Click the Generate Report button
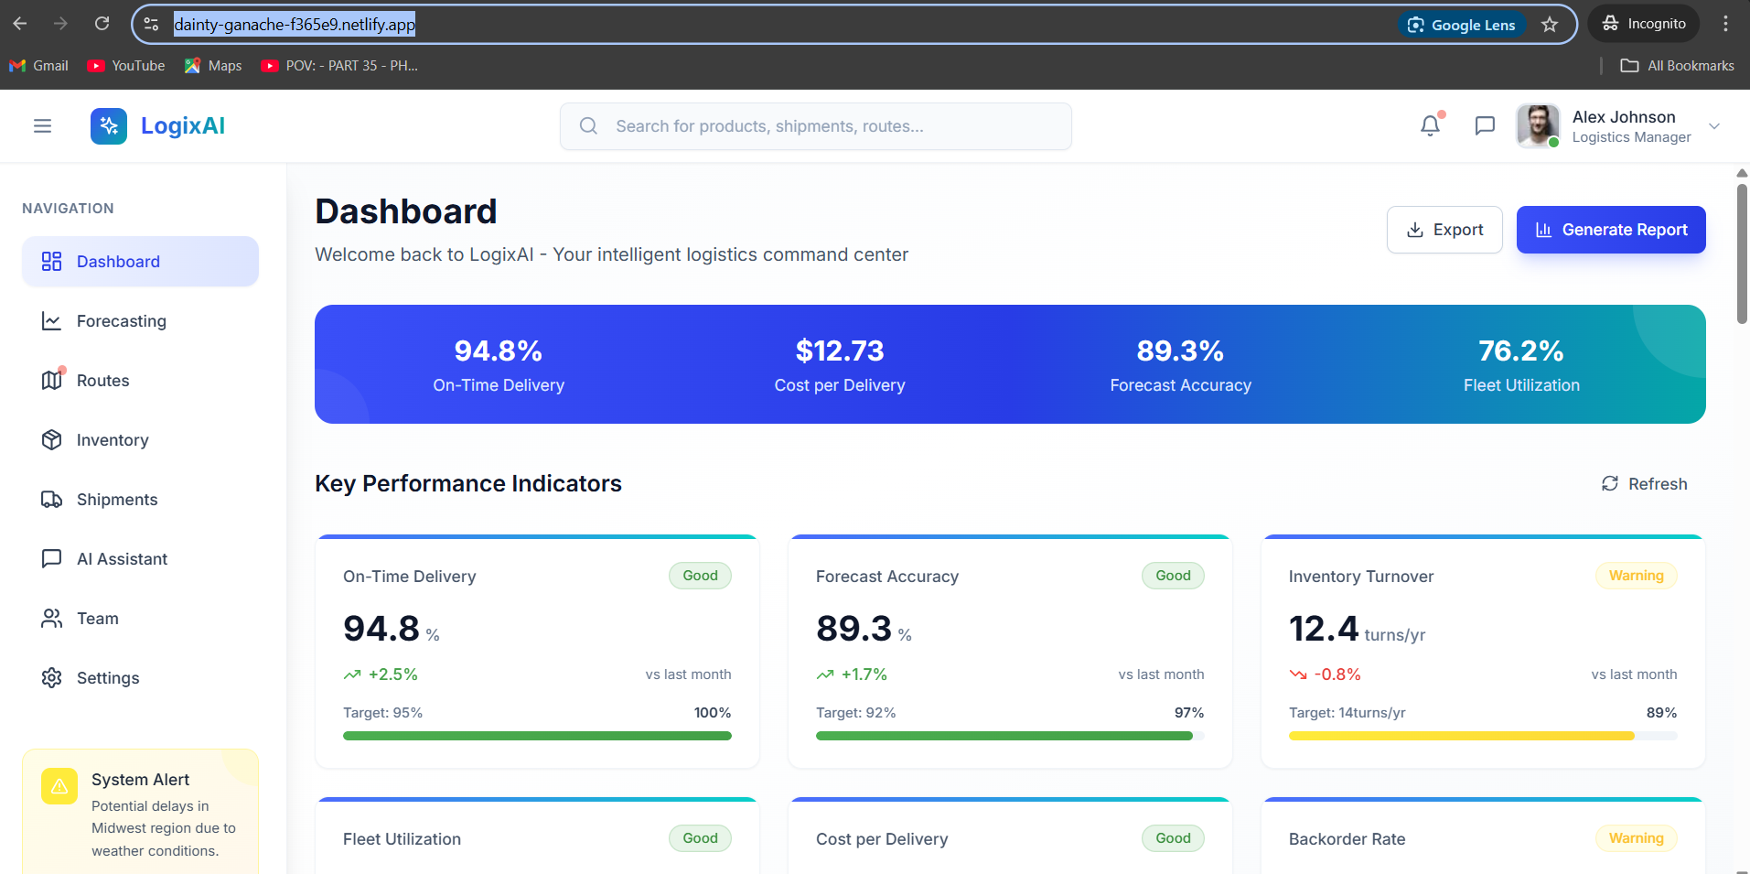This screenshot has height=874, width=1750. point(1610,230)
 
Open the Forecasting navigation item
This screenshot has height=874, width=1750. point(121,321)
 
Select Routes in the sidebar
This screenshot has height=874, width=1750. point(102,381)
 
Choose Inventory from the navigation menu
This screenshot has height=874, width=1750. point(112,440)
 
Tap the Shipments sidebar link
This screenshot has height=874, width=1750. point(116,500)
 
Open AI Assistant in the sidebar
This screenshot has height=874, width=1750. point(122,559)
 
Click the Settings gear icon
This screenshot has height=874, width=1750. point(52,678)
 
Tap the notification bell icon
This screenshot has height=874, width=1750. point(1430,125)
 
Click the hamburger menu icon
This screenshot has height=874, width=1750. point(42,126)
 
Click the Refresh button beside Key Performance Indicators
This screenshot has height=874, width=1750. point(1644,484)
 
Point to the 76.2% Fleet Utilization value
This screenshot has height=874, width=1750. point(1520,351)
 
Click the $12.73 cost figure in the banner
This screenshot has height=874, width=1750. point(839,351)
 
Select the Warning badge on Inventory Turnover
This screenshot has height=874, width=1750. point(1636,576)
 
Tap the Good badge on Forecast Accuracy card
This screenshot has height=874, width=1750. point(1173,576)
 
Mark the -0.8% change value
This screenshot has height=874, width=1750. point(1337,674)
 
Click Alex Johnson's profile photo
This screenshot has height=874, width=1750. point(1538,125)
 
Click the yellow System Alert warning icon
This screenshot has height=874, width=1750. point(59,786)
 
